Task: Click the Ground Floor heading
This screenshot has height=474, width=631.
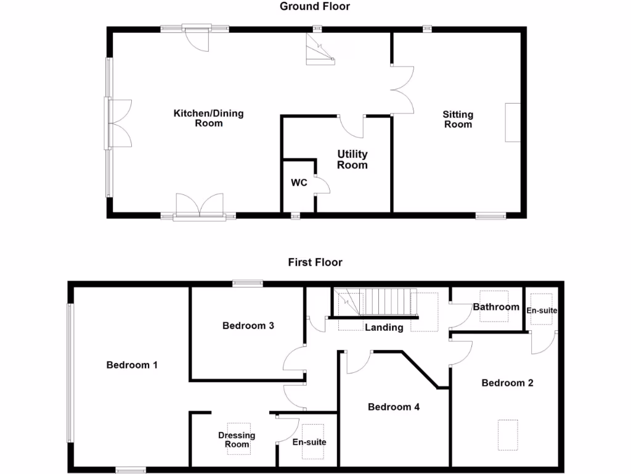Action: [x=315, y=7]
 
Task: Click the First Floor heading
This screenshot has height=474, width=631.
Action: [x=315, y=262]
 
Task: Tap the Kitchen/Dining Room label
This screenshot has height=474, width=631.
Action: [x=208, y=118]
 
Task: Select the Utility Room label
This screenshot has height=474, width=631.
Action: [x=352, y=159]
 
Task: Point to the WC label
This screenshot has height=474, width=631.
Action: [x=299, y=183]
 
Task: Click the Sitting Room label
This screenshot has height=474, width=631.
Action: [x=458, y=119]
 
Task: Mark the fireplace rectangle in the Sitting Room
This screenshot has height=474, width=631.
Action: [x=513, y=123]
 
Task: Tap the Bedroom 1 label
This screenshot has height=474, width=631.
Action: [x=132, y=365]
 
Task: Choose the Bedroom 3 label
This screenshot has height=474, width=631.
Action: [x=248, y=325]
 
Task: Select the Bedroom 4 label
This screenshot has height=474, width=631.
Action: [x=394, y=407]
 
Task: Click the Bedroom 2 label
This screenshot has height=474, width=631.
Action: [x=507, y=383]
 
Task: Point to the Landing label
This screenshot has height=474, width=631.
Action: [x=383, y=327]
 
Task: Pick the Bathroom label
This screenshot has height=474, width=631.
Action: [x=496, y=307]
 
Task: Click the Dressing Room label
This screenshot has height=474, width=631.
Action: [x=237, y=439]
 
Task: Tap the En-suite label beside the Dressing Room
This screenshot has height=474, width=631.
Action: [x=309, y=442]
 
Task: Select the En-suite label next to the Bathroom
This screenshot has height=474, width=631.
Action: [x=542, y=310]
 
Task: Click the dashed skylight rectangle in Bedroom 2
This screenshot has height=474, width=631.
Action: [x=508, y=434]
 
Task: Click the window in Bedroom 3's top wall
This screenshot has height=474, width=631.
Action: [x=248, y=283]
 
